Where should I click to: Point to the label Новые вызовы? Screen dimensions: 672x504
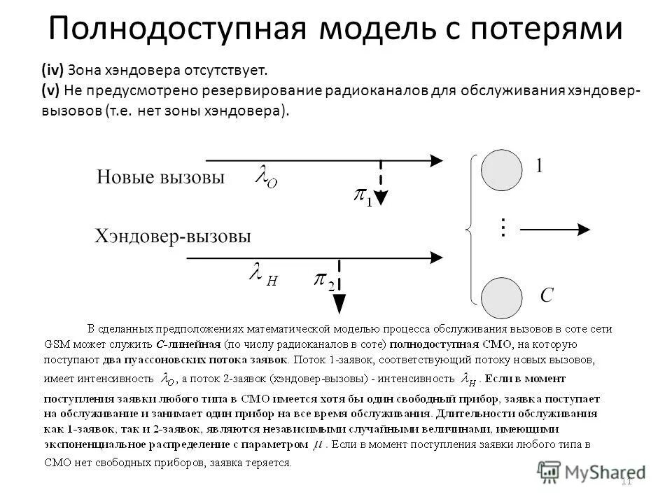160,177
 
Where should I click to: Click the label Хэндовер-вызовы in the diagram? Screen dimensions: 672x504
172,236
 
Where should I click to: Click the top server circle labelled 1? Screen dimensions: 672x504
501,169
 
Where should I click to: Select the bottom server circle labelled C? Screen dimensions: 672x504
501,298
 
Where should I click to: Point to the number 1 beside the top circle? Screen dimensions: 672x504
539,166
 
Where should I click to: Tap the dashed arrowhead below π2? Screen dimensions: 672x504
339,303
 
